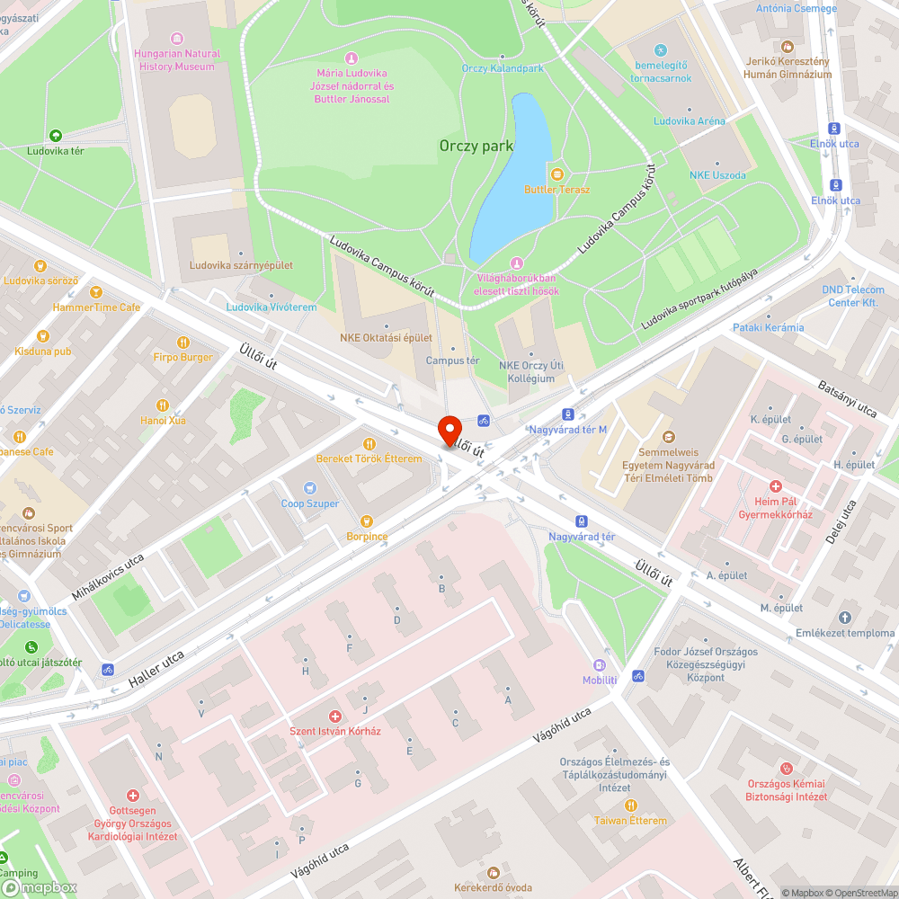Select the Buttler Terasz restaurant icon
click(x=556, y=174)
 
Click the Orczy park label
click(x=476, y=146)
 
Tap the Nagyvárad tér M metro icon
click(x=567, y=414)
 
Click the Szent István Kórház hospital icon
click(x=334, y=716)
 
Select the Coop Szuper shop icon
click(x=310, y=487)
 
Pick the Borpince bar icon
click(x=366, y=521)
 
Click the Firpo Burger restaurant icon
click(x=182, y=342)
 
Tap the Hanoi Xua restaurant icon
click(x=163, y=405)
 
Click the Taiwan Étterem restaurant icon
click(x=630, y=806)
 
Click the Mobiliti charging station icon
click(x=599, y=665)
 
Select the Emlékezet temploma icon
click(x=844, y=618)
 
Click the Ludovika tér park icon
click(x=55, y=136)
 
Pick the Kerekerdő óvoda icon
click(x=493, y=872)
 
